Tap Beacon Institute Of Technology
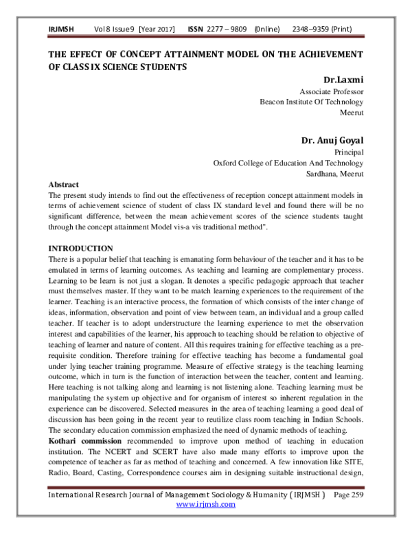click(311, 101)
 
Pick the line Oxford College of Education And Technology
click(288, 163)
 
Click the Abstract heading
click(64, 184)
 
